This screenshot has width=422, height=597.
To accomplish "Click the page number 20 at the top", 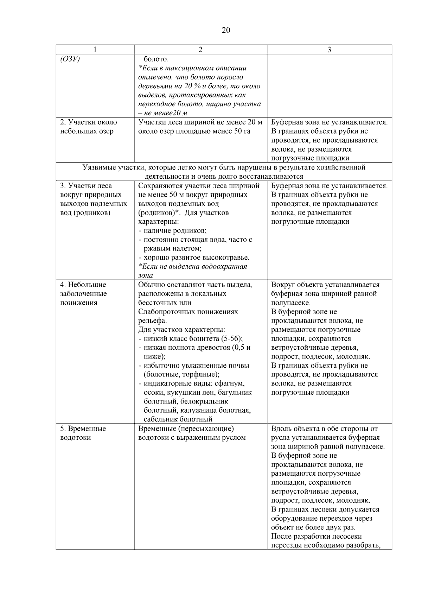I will [226, 30].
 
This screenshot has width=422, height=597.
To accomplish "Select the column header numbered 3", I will [329, 50].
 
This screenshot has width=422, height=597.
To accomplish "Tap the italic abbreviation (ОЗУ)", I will [70, 59].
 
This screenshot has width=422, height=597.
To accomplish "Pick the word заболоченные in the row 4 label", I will [83, 293].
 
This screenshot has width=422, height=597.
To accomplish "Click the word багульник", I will [233, 392].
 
